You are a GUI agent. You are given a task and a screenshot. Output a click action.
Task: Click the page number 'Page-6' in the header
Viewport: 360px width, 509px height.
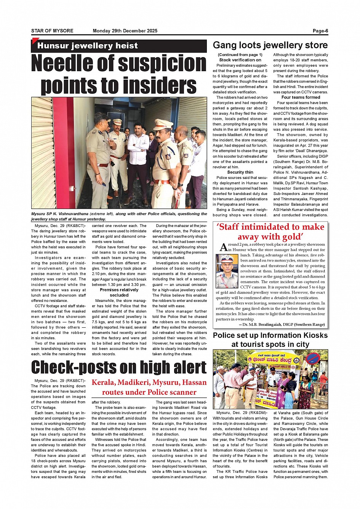click(320, 31)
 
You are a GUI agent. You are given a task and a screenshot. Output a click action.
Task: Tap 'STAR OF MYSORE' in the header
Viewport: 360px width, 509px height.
click(52, 31)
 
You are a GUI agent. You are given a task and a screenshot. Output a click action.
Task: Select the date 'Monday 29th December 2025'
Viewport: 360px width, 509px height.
click(125, 31)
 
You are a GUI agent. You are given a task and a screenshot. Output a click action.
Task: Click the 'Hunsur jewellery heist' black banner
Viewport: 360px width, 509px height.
click(87, 46)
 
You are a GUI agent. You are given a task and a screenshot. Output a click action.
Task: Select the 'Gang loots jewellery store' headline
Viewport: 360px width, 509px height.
click(270, 45)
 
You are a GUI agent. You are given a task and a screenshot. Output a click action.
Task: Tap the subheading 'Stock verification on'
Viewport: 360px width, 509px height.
click(240, 60)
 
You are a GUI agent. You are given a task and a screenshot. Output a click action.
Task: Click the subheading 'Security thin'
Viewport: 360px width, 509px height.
click(240, 172)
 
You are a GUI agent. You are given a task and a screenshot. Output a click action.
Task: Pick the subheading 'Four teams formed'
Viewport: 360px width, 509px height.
click(301, 97)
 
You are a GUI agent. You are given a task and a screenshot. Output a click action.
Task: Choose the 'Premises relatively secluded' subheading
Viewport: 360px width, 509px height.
click(119, 292)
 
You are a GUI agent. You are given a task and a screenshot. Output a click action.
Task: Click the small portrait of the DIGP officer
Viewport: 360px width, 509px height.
click(227, 271)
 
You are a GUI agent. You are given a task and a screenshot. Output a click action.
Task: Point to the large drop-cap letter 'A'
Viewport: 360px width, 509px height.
click(224, 247)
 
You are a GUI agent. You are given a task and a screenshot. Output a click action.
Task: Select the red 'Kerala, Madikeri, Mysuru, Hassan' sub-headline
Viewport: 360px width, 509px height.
click(149, 383)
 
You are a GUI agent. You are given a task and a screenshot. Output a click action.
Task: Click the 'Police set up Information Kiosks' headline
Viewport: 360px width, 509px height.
click(270, 335)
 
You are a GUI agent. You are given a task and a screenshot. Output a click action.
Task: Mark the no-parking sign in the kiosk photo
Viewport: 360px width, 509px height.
click(313, 358)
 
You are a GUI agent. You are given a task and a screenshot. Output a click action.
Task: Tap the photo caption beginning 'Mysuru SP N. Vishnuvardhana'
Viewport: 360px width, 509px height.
click(119, 216)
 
